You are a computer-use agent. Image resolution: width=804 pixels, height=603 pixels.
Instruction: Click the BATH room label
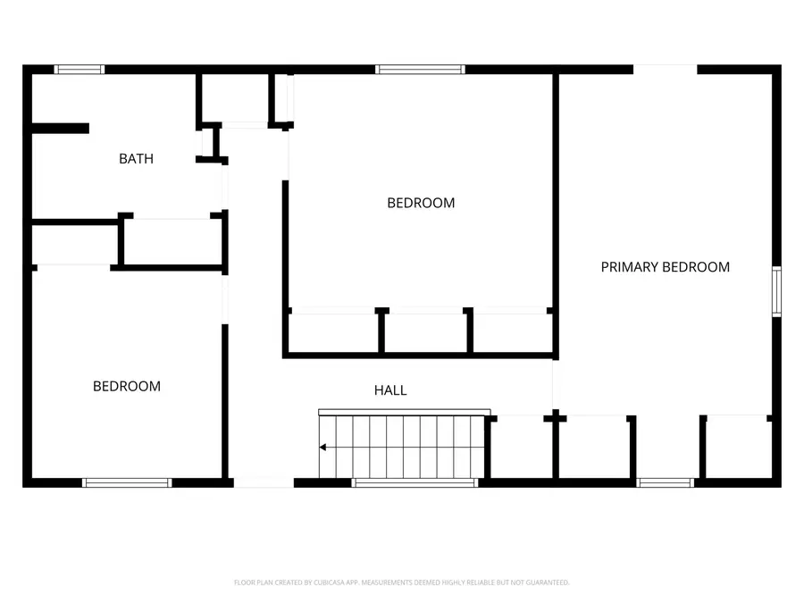click(x=136, y=159)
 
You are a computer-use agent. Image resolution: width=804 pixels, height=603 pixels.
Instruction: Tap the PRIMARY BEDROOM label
click(x=665, y=266)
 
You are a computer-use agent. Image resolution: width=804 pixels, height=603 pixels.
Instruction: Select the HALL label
click(x=390, y=390)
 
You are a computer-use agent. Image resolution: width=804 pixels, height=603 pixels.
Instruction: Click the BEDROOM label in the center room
click(x=421, y=203)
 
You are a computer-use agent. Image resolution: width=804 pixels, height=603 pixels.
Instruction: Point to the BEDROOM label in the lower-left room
click(x=127, y=386)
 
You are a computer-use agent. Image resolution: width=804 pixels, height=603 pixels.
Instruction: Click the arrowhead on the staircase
click(x=323, y=448)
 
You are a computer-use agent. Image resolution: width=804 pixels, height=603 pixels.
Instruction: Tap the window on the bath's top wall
click(x=80, y=70)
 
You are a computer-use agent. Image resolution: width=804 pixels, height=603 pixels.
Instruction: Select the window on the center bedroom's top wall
click(x=420, y=70)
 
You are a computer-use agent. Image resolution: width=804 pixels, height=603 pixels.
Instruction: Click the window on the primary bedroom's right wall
click(x=776, y=291)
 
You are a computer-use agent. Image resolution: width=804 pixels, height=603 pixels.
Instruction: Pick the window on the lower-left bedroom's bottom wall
click(x=127, y=482)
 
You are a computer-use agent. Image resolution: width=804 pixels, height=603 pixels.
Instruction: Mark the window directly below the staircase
click(x=415, y=482)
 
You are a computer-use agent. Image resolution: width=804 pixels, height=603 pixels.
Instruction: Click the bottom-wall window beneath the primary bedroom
click(x=666, y=482)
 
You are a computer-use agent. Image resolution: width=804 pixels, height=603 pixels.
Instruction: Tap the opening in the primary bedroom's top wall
click(x=666, y=70)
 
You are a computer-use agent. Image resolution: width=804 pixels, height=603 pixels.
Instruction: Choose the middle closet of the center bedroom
click(x=424, y=332)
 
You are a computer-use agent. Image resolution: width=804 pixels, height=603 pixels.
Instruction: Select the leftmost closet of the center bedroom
click(x=333, y=332)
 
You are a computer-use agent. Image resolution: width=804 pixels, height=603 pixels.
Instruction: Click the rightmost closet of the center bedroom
click(x=510, y=332)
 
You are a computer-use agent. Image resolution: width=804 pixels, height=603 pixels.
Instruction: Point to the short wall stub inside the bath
click(x=60, y=129)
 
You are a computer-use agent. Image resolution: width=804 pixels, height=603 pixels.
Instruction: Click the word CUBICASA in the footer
click(x=327, y=582)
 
